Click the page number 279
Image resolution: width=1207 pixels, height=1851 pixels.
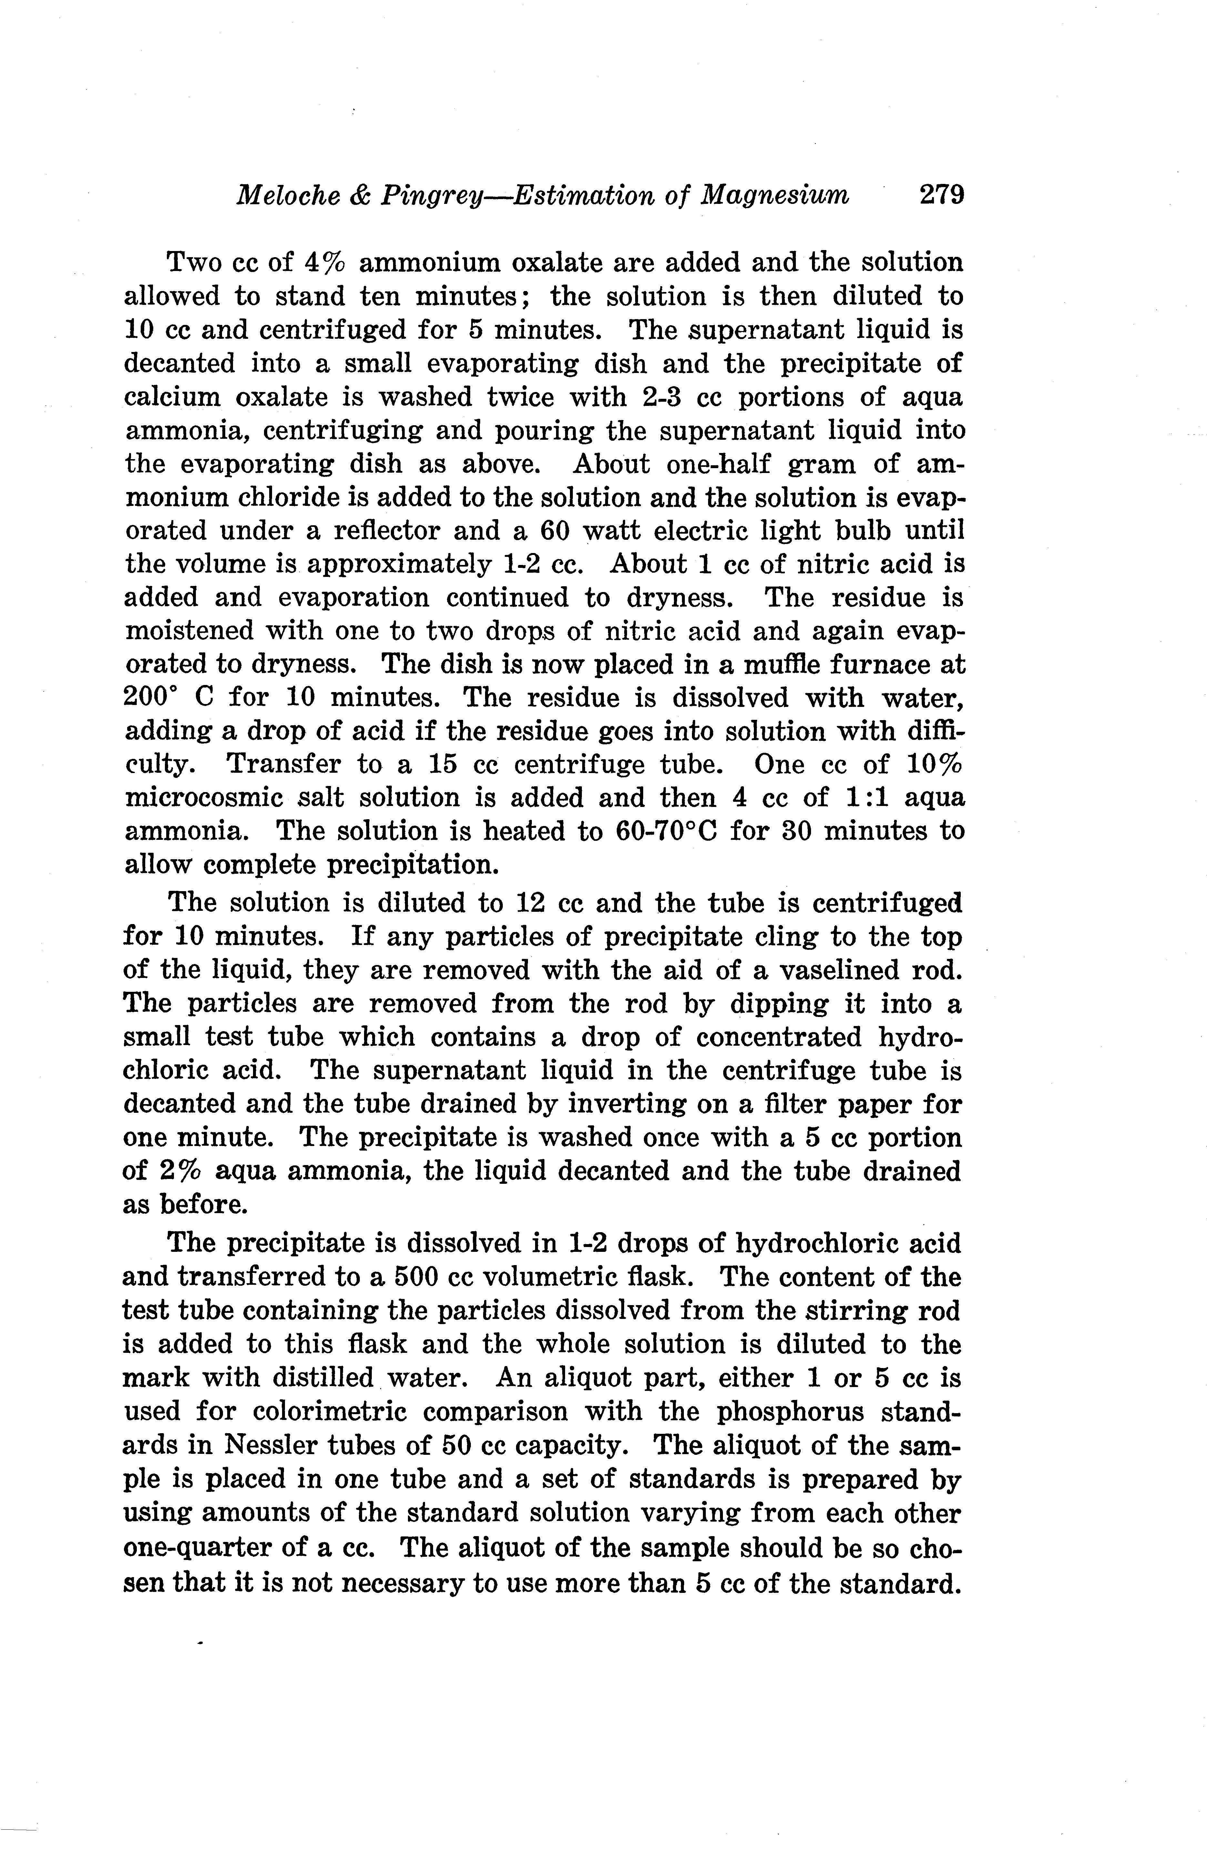point(941,194)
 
